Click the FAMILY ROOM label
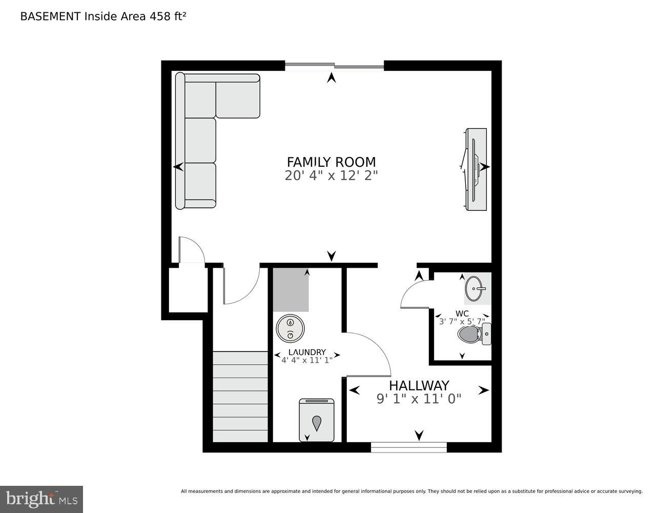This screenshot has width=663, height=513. point(331,162)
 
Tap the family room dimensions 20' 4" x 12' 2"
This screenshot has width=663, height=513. point(331,176)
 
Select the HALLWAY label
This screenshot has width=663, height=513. point(419,385)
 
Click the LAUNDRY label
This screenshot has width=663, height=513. point(307,352)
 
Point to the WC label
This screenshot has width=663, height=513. point(462,313)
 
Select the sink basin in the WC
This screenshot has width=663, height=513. point(476,287)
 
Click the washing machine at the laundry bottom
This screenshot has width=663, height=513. point(316,420)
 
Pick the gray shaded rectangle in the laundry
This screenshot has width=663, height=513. point(291,290)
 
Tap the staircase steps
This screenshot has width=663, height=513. point(240,396)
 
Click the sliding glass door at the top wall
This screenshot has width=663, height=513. point(334,66)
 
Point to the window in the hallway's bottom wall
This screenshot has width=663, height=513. point(408,447)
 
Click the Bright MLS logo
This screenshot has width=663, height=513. point(42,499)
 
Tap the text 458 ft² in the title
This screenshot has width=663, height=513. point(167,16)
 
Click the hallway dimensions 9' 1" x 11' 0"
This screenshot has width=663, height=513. point(419,399)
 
